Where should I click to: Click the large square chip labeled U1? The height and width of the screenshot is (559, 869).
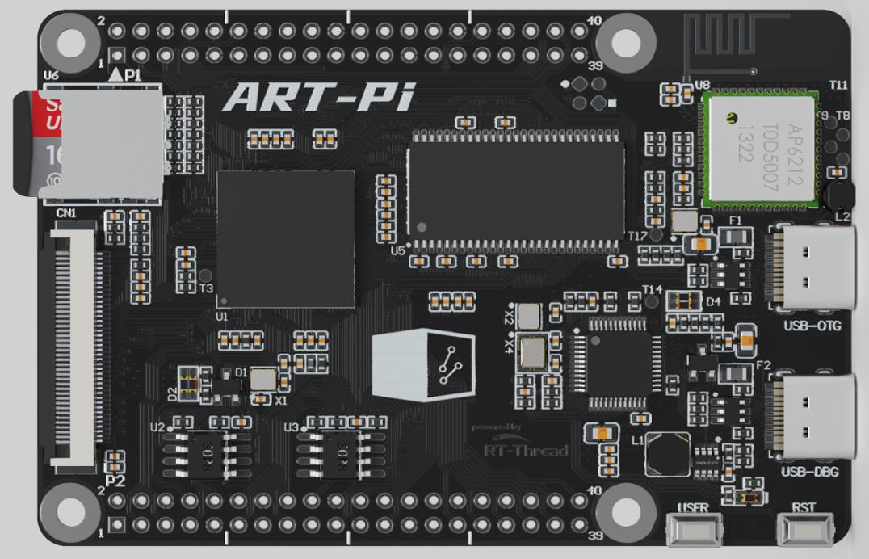286,238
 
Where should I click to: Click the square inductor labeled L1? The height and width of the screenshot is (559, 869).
668,455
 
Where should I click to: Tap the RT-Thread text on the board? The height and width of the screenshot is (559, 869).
525,450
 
